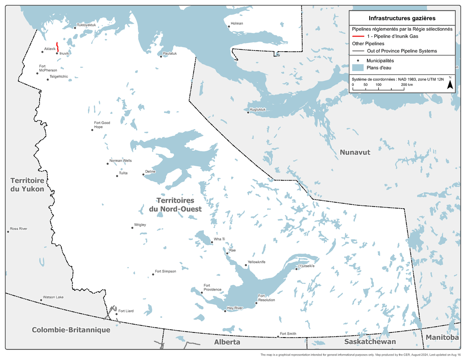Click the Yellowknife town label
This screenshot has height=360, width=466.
point(257,262)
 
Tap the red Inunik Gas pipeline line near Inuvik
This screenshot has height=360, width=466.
point(58,47)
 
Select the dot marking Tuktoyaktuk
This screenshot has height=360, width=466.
point(75,28)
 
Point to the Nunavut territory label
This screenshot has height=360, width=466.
point(355,152)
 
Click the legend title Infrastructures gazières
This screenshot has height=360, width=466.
point(402,18)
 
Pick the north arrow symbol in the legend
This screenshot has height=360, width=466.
point(450,84)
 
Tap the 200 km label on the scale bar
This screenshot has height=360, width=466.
point(407,84)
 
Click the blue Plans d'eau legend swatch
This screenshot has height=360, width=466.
point(358,68)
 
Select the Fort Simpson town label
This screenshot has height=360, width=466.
point(165,271)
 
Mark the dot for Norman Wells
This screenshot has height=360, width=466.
point(108,163)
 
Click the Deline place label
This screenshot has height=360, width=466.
point(150,171)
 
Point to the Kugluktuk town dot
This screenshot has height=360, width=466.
point(248,113)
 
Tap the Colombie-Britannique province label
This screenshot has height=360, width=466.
point(71,330)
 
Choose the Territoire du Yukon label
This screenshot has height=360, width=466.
point(27,185)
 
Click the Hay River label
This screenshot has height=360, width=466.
point(235,308)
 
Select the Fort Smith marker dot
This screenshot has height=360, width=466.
point(278,337)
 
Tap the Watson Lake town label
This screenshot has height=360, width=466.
point(53,297)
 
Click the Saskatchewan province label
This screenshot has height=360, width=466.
point(370,342)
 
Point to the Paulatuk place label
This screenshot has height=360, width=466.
point(170,53)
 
